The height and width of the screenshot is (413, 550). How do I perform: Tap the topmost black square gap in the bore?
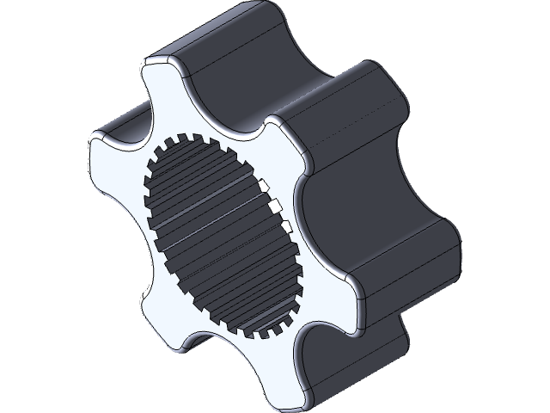(267, 187)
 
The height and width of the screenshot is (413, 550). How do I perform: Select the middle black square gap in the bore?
(277, 206)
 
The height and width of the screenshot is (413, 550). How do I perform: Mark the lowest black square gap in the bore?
(284, 226)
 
